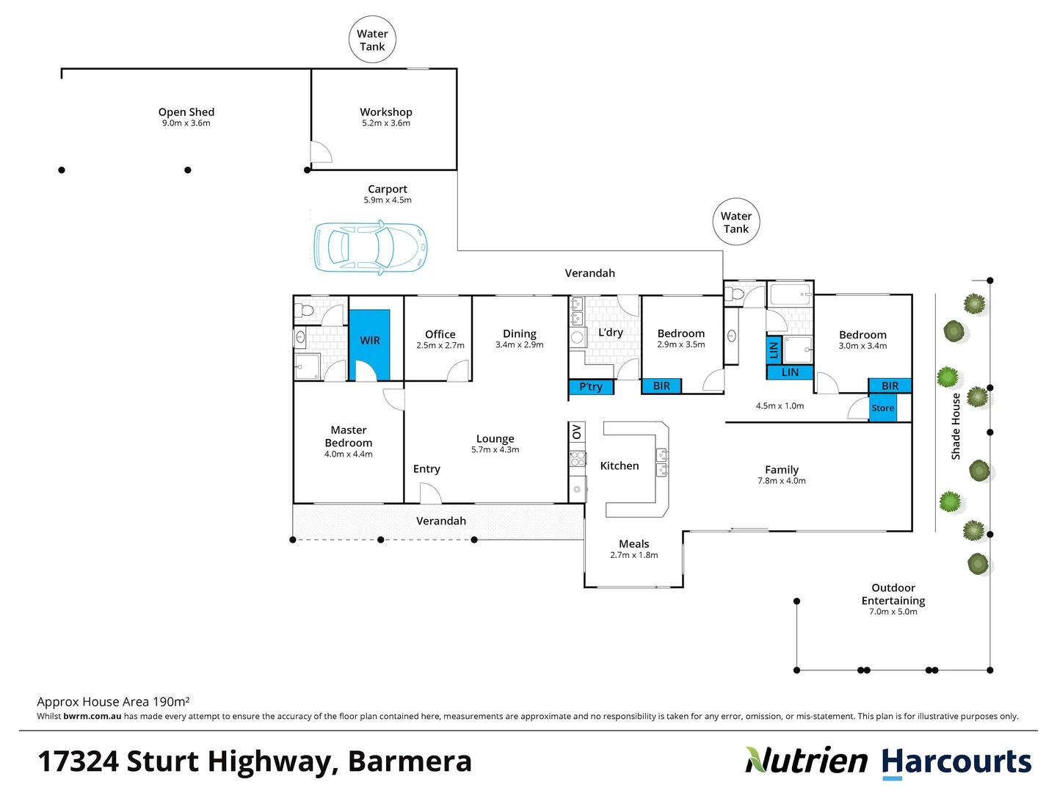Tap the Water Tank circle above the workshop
[372, 40]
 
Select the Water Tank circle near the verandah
[735, 222]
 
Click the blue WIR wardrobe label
[370, 341]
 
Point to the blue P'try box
[591, 387]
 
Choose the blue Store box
[883, 408]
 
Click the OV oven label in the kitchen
[577, 432]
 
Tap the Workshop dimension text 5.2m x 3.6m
[386, 123]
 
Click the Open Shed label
[186, 112]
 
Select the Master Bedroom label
[349, 436]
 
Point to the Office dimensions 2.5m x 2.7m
[440, 345]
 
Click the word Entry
[426, 469]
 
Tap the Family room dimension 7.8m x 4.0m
[782, 481]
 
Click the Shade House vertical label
[956, 427]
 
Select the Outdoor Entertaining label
[893, 594]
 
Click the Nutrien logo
[807, 761]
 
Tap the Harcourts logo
[956, 762]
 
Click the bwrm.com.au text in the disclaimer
[92, 717]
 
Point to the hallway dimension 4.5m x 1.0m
[780, 406]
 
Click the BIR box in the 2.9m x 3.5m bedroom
[661, 386]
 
